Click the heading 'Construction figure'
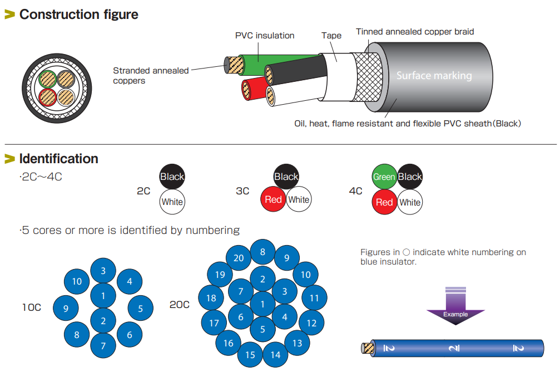[x=78, y=14]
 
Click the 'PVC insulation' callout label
[x=265, y=36]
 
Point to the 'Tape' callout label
[x=331, y=36]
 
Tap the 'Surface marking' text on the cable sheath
[x=434, y=76]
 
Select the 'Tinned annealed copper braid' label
[x=415, y=32]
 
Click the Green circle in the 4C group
[x=384, y=177]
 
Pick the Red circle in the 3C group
[x=273, y=199]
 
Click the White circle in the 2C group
[x=172, y=202]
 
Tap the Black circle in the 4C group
[x=410, y=177]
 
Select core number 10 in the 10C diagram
[x=77, y=281]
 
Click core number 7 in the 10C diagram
[x=103, y=345]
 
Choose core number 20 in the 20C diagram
[x=239, y=258]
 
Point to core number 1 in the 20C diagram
[x=262, y=304]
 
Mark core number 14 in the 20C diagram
[x=275, y=355]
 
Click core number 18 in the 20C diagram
[x=211, y=298]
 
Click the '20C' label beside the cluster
[x=179, y=305]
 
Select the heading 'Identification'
[x=58, y=159]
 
